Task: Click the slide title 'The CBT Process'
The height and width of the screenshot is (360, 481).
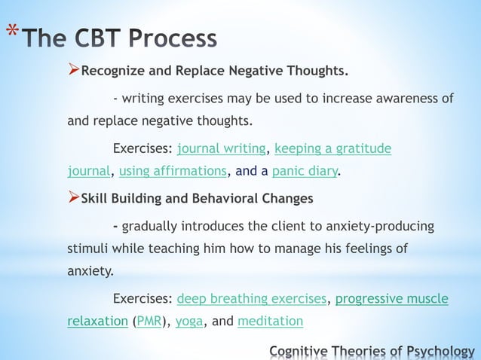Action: click(x=120, y=38)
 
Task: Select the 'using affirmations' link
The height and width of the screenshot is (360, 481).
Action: click(x=173, y=171)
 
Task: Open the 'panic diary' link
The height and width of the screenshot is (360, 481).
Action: click(x=305, y=171)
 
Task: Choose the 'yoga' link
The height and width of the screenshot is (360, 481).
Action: click(x=188, y=322)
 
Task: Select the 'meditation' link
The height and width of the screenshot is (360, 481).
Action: click(x=270, y=322)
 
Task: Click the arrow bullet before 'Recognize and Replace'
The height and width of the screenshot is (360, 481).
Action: click(x=73, y=72)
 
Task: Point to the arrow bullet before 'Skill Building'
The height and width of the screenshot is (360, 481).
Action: click(x=73, y=198)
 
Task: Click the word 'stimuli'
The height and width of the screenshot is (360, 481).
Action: click(x=86, y=249)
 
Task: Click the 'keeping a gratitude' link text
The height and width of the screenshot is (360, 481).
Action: click(x=332, y=148)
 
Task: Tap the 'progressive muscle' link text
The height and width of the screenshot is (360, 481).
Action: click(x=391, y=299)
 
